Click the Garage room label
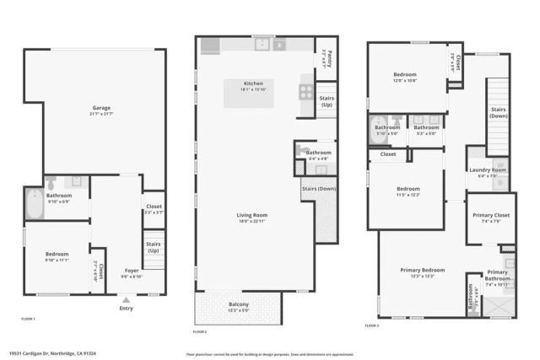tap(101, 108)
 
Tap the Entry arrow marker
tap(126, 299)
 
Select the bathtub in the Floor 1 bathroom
tap(35, 205)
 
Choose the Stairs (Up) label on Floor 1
tap(154, 247)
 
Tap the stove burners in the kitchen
tap(306, 93)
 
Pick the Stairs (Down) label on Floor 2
tap(319, 188)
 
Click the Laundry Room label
tap(487, 170)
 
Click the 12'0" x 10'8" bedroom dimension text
tap(405, 81)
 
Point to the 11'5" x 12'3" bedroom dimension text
tap(408, 195)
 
